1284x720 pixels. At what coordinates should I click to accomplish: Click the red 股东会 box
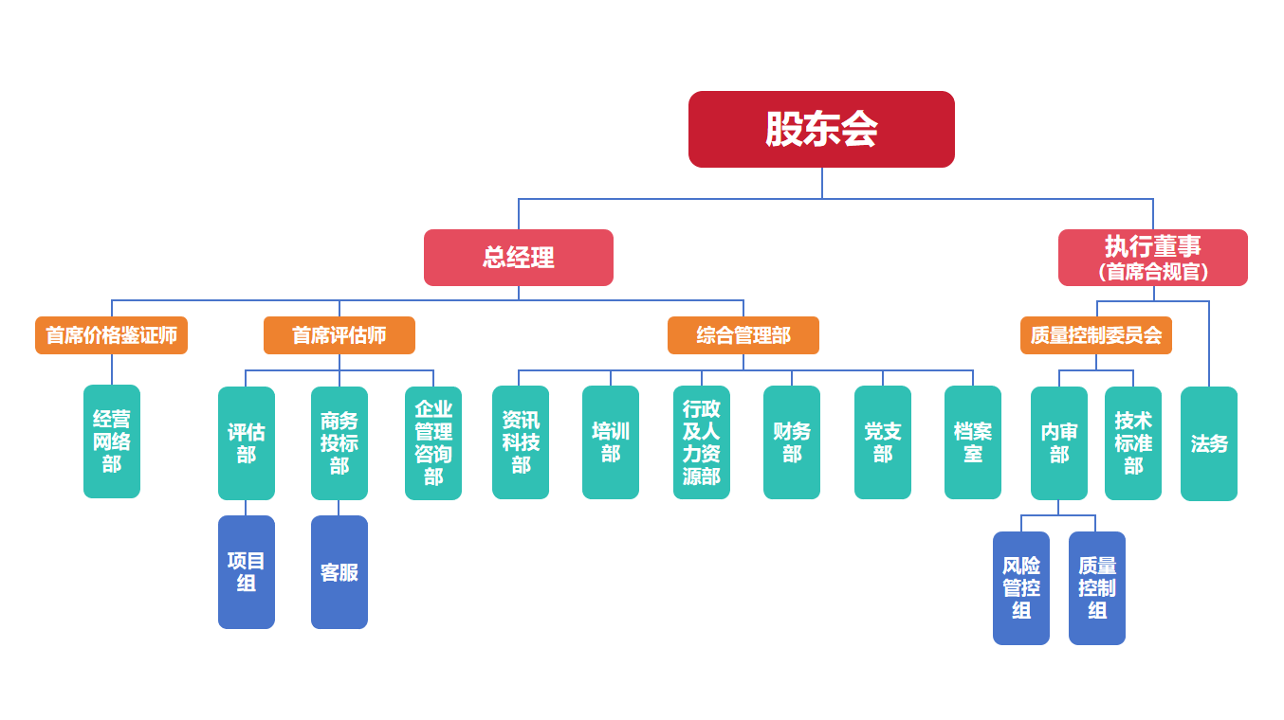(x=821, y=129)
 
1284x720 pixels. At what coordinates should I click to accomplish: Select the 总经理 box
(x=518, y=258)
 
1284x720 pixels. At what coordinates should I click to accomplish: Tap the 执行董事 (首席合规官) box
(x=1152, y=258)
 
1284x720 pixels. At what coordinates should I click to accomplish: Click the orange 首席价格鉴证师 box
(x=111, y=335)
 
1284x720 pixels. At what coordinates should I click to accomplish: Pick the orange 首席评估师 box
(x=339, y=335)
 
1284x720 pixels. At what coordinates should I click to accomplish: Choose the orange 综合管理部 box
(x=743, y=335)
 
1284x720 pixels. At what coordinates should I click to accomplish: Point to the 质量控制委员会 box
(x=1095, y=335)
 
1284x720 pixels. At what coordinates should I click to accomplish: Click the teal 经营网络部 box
(x=112, y=441)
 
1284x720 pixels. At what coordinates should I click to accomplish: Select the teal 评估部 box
(x=246, y=443)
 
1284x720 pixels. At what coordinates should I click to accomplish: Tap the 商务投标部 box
(x=339, y=443)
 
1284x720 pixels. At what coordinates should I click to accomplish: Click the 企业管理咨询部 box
(x=432, y=443)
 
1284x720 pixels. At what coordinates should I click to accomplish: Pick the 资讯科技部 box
(x=520, y=442)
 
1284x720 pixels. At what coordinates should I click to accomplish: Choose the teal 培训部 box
(x=610, y=442)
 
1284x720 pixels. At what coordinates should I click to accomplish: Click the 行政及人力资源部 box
(x=701, y=442)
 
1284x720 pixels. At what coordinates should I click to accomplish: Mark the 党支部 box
(x=882, y=442)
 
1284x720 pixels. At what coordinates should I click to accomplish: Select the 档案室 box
(x=972, y=442)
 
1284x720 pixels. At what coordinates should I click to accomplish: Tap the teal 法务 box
(x=1208, y=443)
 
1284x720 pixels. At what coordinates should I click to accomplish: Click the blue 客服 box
(x=339, y=572)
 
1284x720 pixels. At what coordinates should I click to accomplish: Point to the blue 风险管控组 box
(x=1020, y=588)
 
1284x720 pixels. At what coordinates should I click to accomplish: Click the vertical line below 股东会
(x=822, y=183)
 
